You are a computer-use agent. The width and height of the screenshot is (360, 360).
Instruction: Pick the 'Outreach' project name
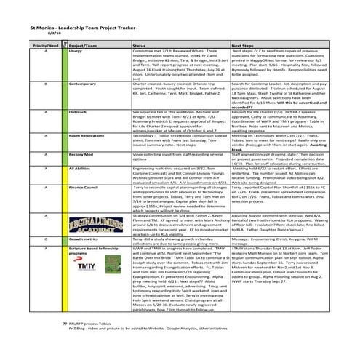pos(78,112)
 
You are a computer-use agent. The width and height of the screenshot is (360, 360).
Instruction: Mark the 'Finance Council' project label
pos(84,186)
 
